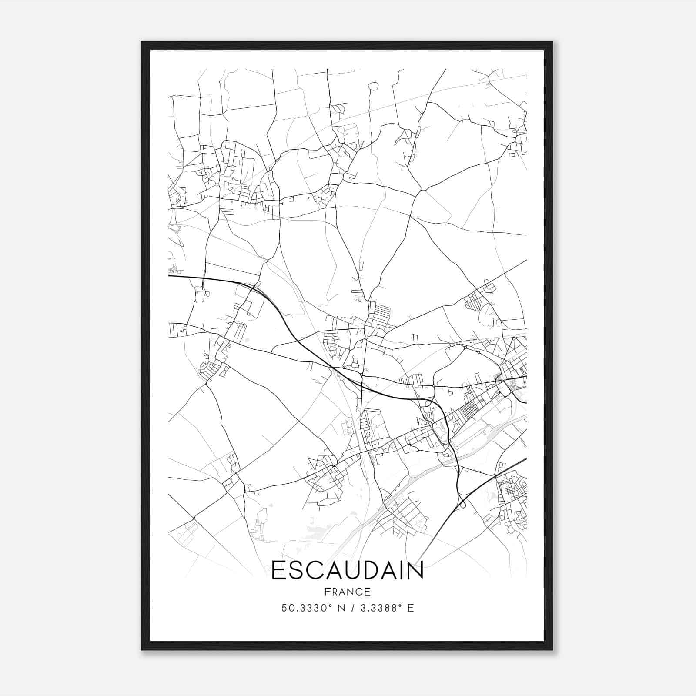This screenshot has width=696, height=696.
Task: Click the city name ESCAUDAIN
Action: click(x=348, y=571)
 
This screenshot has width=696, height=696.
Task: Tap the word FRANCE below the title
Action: click(x=348, y=592)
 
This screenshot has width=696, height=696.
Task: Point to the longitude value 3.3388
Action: click(x=378, y=608)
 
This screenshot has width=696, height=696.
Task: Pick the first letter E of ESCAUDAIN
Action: click(x=278, y=571)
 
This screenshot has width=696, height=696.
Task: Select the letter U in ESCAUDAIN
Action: click(x=355, y=571)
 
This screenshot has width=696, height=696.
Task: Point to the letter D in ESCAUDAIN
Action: click(x=375, y=571)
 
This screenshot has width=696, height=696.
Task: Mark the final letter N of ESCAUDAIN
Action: click(x=416, y=571)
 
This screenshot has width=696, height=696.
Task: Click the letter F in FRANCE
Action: click(x=327, y=592)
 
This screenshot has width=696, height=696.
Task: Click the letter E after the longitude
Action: click(x=411, y=608)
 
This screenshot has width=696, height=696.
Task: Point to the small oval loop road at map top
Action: click(x=373, y=87)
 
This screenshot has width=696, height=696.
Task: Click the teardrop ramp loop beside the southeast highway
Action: click(x=462, y=505)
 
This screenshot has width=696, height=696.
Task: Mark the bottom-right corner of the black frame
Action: click(x=552, y=649)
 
